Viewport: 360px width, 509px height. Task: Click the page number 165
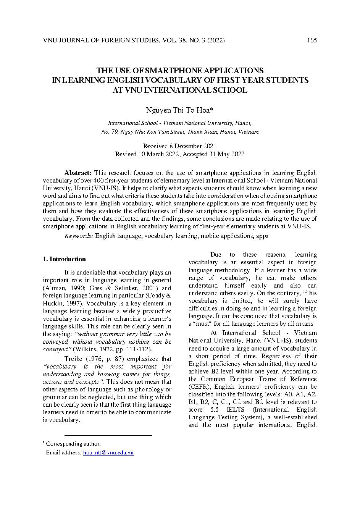pos(312,40)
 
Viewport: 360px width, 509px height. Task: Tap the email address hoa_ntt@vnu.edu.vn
pos(108,453)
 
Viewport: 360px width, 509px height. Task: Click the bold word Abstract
pos(78,173)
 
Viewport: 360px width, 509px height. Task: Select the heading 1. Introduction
pos(64,259)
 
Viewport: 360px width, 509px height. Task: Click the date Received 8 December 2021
pos(180,146)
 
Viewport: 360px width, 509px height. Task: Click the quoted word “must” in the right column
pos(203,324)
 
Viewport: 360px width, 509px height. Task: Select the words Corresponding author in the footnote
pos(73,444)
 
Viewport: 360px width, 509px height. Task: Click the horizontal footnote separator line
pos(108,435)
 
